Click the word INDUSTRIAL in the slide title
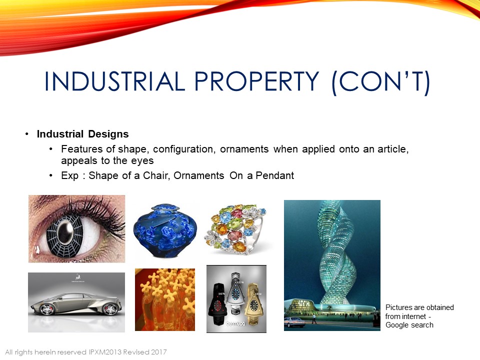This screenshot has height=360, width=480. point(114,81)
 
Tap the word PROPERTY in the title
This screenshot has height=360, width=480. point(257,81)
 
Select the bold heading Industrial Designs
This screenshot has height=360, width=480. point(82,134)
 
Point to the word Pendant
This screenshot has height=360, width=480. point(274,175)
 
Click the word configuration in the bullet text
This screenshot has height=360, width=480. point(183,149)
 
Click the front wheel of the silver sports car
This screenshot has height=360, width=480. point(47,309)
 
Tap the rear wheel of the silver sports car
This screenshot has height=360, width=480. point(109,309)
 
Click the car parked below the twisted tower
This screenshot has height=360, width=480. point(294,322)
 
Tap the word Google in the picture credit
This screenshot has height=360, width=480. point(397,325)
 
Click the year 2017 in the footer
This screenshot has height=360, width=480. point(158,352)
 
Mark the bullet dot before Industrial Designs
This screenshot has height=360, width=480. point(27,134)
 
